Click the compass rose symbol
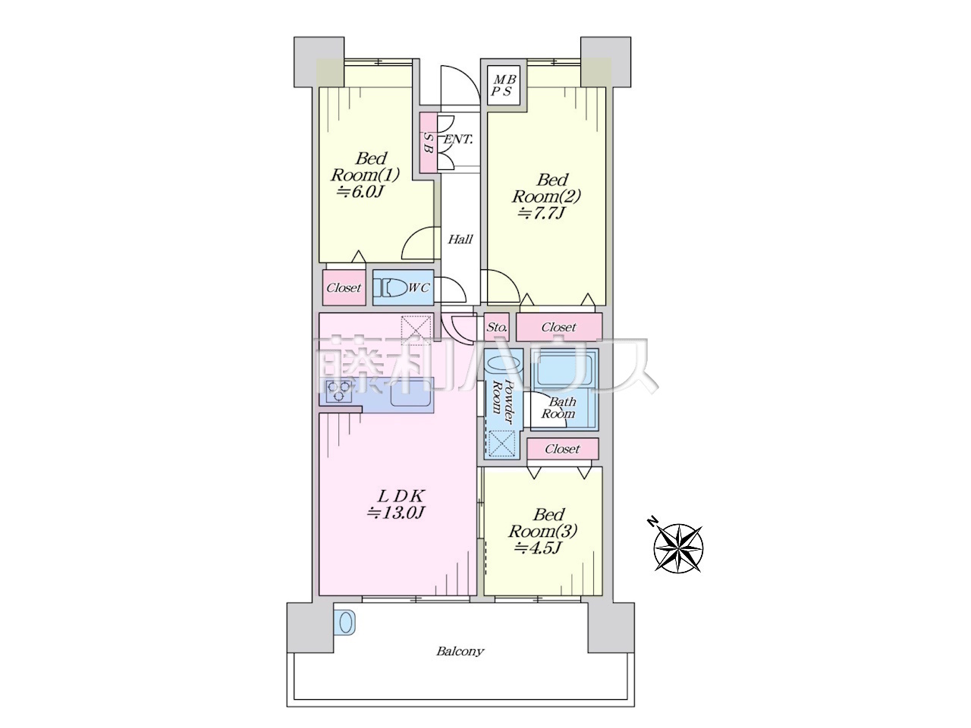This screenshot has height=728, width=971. pyautogui.click(x=677, y=548)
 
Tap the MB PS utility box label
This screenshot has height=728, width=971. pyautogui.click(x=504, y=85)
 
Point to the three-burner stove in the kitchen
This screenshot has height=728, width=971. pyautogui.click(x=339, y=391)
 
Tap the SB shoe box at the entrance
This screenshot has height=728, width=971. pyautogui.click(x=428, y=143)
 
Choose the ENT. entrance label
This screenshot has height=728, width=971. pyautogui.click(x=458, y=140)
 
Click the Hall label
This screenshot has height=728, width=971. pyautogui.click(x=460, y=240)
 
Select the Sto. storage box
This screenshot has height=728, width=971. pyautogui.click(x=497, y=328)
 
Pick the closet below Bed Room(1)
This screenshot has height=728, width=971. pyautogui.click(x=344, y=287)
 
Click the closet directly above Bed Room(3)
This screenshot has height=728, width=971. pyautogui.click(x=563, y=449)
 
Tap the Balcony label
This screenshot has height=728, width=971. pyautogui.click(x=460, y=651)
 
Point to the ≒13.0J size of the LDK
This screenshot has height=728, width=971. pyautogui.click(x=395, y=513)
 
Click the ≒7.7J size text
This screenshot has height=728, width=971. pyautogui.click(x=542, y=213)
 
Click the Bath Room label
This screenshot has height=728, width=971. pyautogui.click(x=559, y=407)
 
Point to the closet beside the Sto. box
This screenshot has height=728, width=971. pyautogui.click(x=559, y=327)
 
